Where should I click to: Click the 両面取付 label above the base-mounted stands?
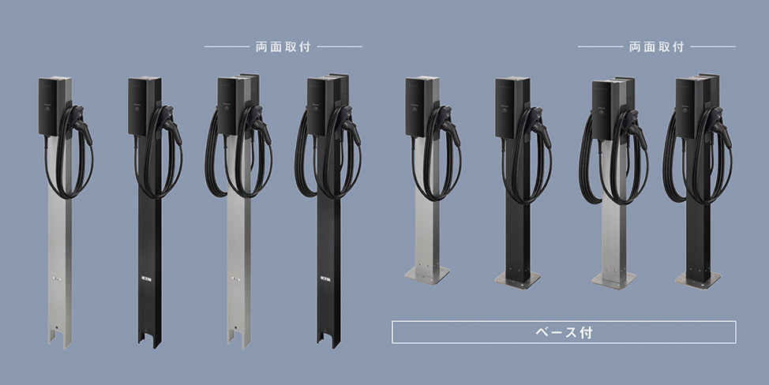click(656, 47)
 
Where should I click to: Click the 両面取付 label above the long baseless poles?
click(283, 47)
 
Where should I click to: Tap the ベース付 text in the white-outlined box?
click(564, 333)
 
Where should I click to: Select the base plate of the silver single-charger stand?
click(426, 275)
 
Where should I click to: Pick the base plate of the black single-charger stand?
click(517, 280)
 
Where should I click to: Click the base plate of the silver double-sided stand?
click(613, 280)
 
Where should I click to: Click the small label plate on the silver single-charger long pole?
click(56, 279)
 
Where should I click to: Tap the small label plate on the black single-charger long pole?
click(146, 280)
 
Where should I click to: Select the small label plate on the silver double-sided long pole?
click(236, 279)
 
